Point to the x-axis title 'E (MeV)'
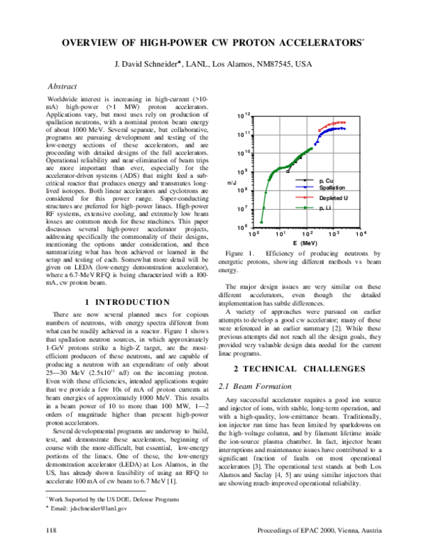coord(305,242)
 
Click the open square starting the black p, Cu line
coord(288,171)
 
